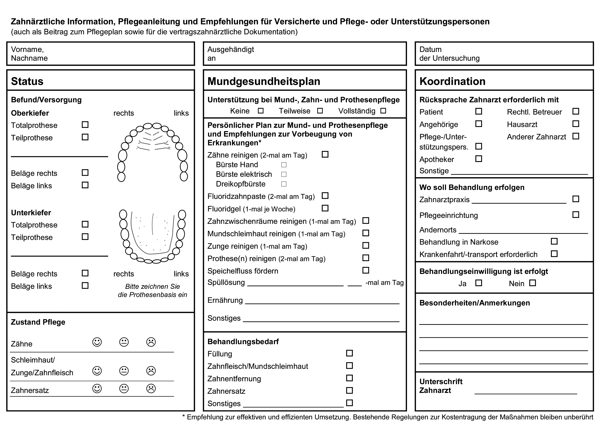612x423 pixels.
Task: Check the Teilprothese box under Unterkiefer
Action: pos(85,237)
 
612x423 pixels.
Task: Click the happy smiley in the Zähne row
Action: pos(97,342)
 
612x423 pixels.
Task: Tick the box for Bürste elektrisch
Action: pos(284,174)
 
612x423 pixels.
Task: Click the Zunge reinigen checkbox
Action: pos(366,245)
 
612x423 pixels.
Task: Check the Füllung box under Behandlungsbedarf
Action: pos(349,353)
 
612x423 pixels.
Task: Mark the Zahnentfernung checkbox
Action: pos(349,378)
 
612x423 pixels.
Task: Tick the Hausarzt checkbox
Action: pos(576,124)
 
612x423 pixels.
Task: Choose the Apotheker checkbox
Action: pos(479,159)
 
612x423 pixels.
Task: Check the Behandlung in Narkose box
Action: pos(554,241)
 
